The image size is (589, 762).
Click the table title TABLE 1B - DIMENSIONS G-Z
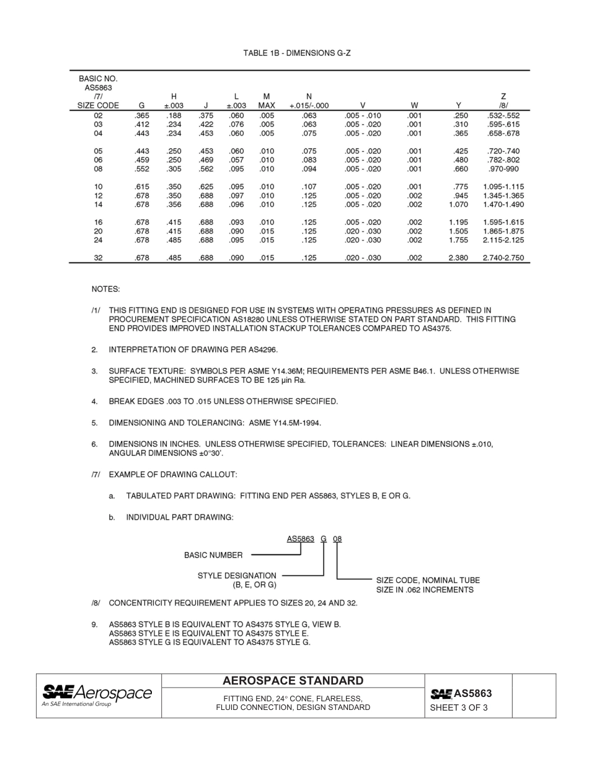(296, 53)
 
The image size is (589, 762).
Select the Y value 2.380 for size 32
(458, 258)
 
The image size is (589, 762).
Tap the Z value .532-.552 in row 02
(503, 115)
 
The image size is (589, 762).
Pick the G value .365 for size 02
(141, 115)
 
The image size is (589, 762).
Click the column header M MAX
(267, 101)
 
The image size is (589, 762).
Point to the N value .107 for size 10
(309, 186)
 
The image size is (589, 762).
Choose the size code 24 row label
(98, 240)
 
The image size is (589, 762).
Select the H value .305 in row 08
(174, 169)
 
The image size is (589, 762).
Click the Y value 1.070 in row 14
(458, 204)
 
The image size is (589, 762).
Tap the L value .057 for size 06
(236, 160)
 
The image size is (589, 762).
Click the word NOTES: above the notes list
(106, 289)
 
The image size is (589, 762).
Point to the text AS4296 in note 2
(264, 350)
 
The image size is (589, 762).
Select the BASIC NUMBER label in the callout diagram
(213, 555)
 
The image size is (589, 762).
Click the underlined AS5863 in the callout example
(301, 539)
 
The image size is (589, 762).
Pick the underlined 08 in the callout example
(337, 539)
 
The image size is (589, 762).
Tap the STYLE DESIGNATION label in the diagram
(237, 576)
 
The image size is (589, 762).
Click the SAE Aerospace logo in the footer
(97, 694)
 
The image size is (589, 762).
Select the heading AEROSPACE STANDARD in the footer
(293, 681)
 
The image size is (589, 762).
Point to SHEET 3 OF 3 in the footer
(459, 707)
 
